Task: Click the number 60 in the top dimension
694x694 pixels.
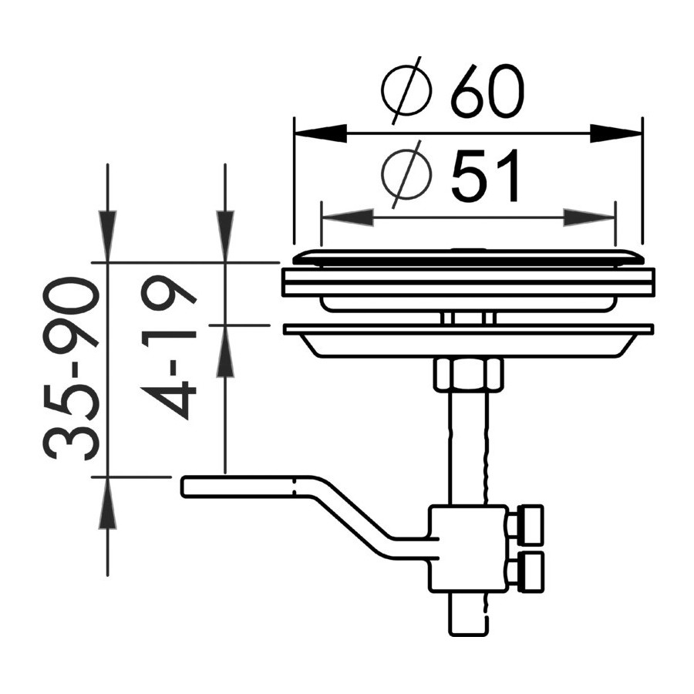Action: (487, 92)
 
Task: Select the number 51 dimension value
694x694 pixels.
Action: (485, 175)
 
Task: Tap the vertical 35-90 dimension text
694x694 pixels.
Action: (71, 369)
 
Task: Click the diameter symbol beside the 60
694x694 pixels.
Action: (406, 90)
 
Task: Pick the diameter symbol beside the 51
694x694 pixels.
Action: (406, 174)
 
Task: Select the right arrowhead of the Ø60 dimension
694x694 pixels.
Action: (615, 133)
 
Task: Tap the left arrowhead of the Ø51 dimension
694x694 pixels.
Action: (348, 217)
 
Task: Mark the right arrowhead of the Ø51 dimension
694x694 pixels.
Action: (588, 217)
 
